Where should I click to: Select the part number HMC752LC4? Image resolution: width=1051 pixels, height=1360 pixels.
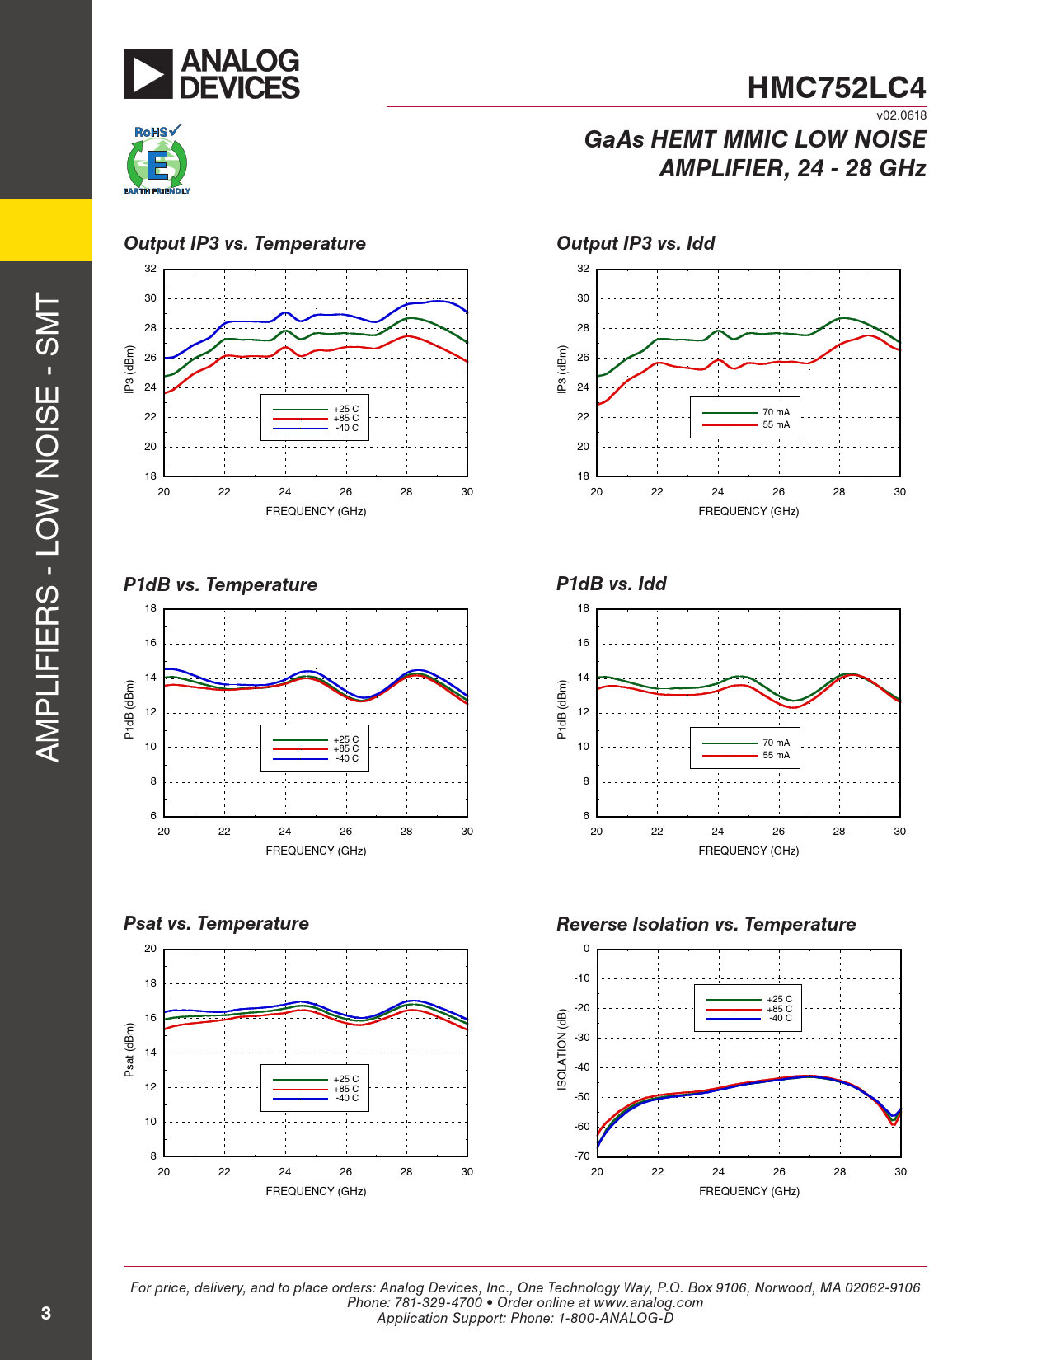coord(836,88)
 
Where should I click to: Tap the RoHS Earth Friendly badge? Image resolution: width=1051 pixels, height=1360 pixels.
coord(157,160)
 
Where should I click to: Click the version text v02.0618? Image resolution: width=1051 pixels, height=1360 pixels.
coord(901,116)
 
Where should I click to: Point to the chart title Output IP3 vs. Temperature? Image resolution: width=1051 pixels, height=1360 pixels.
coord(245,244)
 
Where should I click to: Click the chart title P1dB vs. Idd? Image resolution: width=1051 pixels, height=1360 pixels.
coord(611,584)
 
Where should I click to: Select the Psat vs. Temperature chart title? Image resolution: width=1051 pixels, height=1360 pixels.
coord(216,924)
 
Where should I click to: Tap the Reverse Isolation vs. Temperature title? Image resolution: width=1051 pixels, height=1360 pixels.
coord(706,925)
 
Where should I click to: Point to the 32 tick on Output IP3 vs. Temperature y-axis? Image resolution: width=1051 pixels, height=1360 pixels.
coord(150,269)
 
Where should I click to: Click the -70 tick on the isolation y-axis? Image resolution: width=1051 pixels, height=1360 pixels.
coord(582,1156)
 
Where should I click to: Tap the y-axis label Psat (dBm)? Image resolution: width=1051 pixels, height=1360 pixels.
coord(129,1050)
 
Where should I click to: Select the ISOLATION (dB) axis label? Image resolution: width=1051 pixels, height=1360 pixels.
coord(562,1049)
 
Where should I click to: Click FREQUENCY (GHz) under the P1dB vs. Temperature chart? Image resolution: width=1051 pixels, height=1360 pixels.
coord(316,851)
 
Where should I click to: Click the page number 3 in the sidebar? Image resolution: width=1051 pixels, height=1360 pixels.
coord(46,1314)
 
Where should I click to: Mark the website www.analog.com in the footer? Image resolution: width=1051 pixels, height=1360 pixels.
coord(648,1303)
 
